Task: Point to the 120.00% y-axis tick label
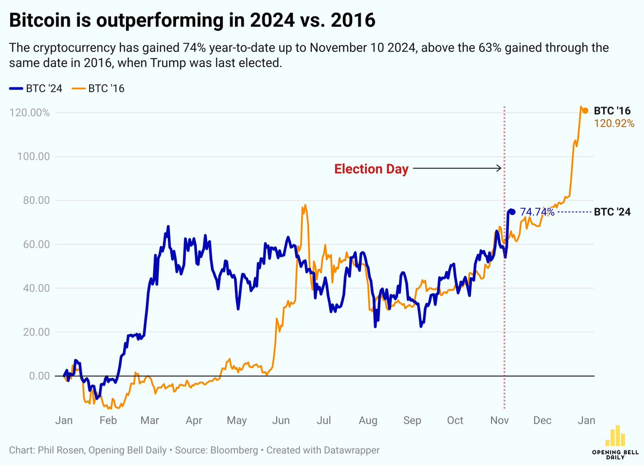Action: [30, 113]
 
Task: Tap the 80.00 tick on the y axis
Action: [35, 201]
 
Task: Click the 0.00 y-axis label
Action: [37, 376]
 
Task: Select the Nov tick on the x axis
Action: [500, 421]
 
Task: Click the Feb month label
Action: [108, 421]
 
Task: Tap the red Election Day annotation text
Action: [371, 169]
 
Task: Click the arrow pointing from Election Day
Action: [456, 168]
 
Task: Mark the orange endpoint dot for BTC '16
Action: [585, 110]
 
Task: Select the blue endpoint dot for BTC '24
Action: [512, 212]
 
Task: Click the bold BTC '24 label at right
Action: [612, 212]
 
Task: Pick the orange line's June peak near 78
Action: [305, 205]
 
